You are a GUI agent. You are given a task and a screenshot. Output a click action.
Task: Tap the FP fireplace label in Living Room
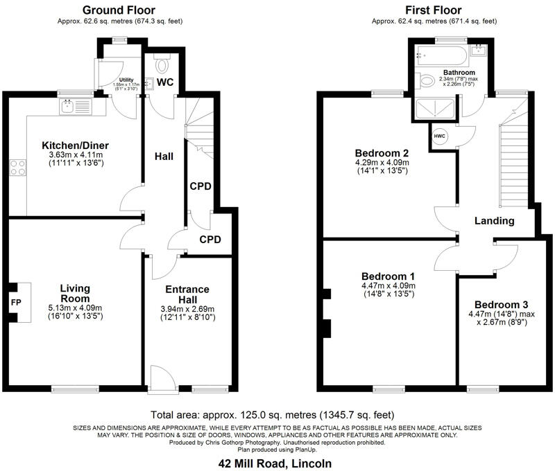click(x=15, y=303)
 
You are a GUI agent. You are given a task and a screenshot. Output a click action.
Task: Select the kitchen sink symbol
click(x=68, y=106)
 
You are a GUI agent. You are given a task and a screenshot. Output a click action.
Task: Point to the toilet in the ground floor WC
click(x=162, y=66)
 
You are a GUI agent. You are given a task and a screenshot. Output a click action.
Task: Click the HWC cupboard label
click(x=439, y=136)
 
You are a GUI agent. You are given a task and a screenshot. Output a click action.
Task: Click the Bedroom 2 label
click(x=381, y=153)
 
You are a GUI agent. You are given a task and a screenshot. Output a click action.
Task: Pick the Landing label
click(x=494, y=221)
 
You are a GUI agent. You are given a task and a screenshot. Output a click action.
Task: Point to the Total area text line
click(x=275, y=414)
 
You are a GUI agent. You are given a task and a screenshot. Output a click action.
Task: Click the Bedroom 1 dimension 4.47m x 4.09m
click(x=388, y=285)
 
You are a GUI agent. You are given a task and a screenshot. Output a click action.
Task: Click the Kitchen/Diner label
click(x=75, y=145)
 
